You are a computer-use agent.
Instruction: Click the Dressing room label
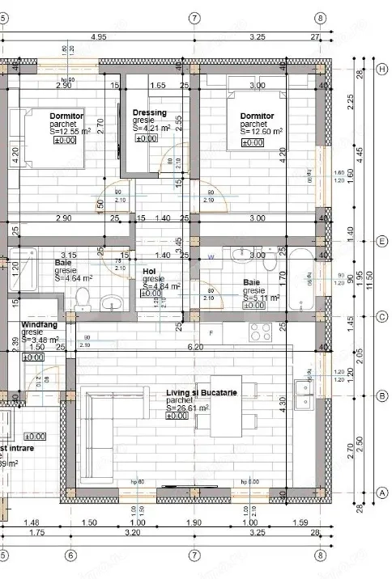(151, 112)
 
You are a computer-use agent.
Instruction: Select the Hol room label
(149, 272)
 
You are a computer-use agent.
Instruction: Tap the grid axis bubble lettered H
(381, 69)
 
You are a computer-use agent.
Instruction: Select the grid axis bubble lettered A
(381, 492)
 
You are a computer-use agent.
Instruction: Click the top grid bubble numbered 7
(194, 17)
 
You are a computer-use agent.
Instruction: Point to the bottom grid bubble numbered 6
(70, 556)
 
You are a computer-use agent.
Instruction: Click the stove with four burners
(262, 332)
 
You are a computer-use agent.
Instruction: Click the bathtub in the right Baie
(309, 278)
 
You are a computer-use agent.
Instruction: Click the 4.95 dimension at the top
(99, 37)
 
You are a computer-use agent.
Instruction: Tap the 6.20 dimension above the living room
(194, 346)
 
